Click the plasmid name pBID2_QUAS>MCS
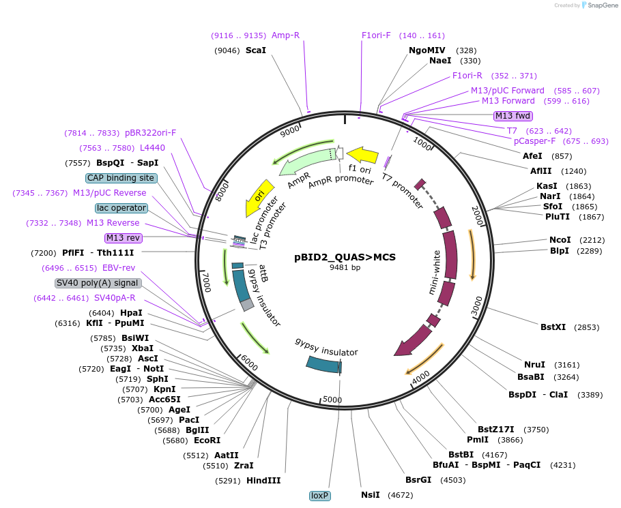pos(345,257)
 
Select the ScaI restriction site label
pos(255,50)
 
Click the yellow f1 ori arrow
pos(362,155)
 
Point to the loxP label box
pos(319,496)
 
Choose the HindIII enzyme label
pos(263,481)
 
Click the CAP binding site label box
pos(121,178)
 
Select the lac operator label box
pos(121,208)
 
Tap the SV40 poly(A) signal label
pos(98,283)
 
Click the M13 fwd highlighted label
pos(512,116)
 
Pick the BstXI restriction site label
pos(553,327)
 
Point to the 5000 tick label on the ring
pos(332,400)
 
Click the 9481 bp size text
pos(345,268)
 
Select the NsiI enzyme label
pos(371,495)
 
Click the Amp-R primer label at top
pos(285,35)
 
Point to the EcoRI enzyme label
pos(207,440)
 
